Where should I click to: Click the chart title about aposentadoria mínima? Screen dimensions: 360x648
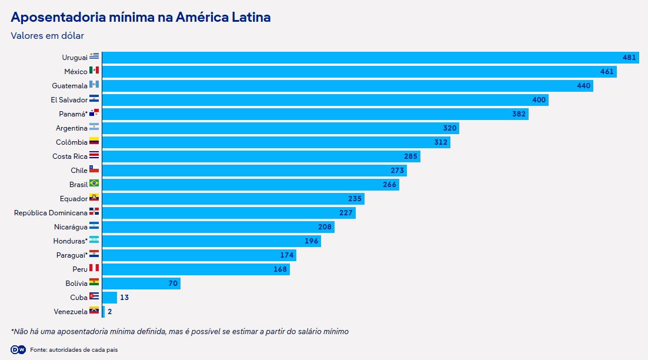(x=141, y=17)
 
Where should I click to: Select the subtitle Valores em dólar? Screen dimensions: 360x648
(x=47, y=36)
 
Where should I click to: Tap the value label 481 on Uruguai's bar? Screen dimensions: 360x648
(x=629, y=58)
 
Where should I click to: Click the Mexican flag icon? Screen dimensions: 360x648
(x=94, y=71)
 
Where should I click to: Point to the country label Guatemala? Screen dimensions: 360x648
(x=69, y=86)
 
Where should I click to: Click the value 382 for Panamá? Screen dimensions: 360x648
(x=519, y=114)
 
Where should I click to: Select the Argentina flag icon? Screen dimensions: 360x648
(x=94, y=128)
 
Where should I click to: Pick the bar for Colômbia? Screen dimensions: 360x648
(x=276, y=142)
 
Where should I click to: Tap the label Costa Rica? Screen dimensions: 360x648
(x=69, y=156)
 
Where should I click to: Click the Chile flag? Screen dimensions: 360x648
(x=94, y=170)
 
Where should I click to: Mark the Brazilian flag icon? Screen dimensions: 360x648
(x=94, y=184)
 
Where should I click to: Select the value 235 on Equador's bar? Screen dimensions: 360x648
(x=355, y=199)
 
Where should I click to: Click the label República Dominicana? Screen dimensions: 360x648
(x=50, y=213)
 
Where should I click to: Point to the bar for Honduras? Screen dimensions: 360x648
(x=211, y=241)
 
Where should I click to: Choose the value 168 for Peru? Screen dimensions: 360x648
(x=280, y=269)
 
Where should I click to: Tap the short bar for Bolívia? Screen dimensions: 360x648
(x=141, y=284)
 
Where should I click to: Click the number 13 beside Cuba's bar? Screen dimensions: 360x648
(x=124, y=298)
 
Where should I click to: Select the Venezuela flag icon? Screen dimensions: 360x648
(x=94, y=311)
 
